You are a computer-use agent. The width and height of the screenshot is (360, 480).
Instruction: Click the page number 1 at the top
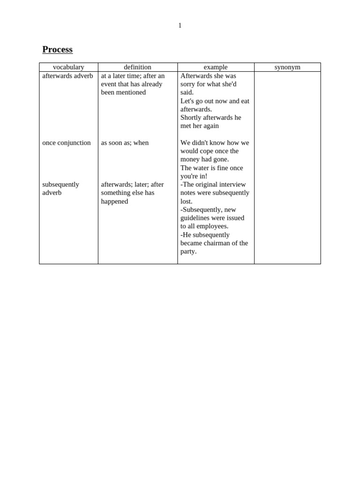[x=180, y=26]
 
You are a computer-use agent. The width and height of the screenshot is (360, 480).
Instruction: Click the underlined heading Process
[x=57, y=50]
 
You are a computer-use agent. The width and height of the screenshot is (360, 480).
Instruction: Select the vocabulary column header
[x=68, y=67]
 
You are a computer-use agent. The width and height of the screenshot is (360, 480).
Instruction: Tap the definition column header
[x=137, y=67]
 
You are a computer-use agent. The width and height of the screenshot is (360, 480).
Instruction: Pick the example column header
[x=216, y=67]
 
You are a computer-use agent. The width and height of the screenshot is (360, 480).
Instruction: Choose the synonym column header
[x=287, y=67]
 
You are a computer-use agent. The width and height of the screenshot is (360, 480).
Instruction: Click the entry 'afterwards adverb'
[x=67, y=76]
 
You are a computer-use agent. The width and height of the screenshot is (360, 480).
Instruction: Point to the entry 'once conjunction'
[x=67, y=142]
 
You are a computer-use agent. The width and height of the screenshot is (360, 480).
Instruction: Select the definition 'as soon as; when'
[x=125, y=142]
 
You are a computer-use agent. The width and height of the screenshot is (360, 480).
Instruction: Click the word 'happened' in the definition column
[x=114, y=201]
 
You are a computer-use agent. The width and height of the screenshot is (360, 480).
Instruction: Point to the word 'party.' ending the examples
[x=188, y=251]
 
